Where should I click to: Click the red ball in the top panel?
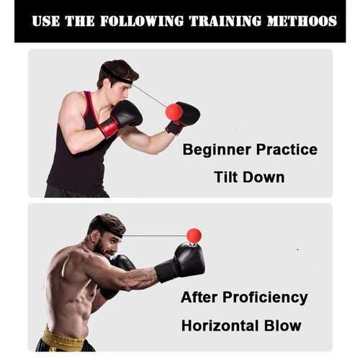[x=174, y=112]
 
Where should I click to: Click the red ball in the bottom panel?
[x=194, y=235]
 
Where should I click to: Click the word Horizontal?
[x=223, y=325]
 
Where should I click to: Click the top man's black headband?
[x=115, y=73]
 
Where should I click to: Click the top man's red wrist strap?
[x=110, y=127]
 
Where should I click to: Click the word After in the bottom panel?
[x=199, y=297]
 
